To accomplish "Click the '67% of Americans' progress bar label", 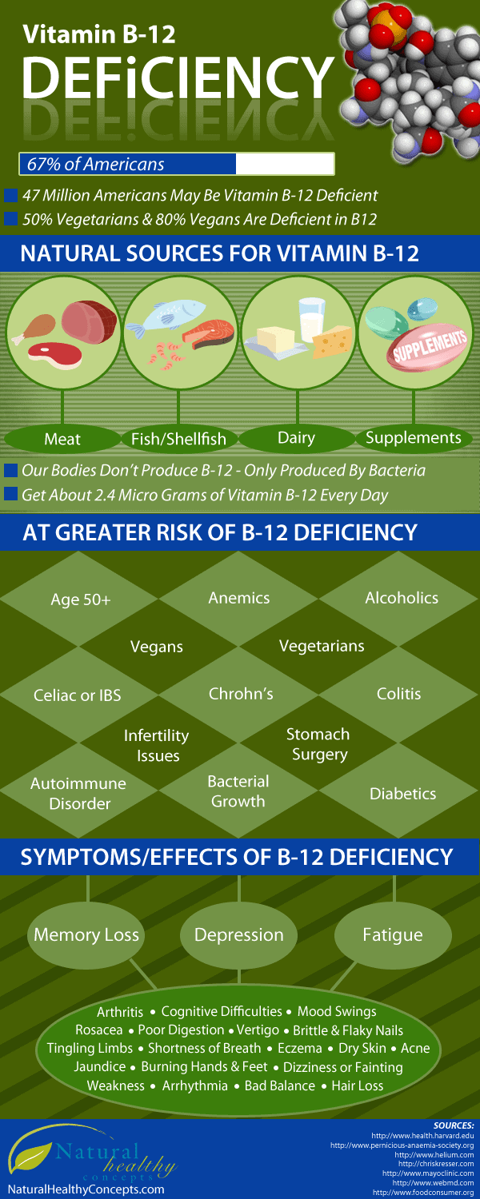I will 96,164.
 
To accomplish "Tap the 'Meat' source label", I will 62,438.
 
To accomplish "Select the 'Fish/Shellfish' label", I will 178,438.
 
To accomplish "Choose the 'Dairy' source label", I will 296,437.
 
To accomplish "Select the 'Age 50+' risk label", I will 80,600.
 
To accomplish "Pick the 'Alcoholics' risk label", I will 402,598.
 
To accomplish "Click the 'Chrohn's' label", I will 241,694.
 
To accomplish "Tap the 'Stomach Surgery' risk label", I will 318,743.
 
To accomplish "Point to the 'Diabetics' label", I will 402,794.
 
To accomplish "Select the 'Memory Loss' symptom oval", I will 86,934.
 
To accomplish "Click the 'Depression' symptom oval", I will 239,934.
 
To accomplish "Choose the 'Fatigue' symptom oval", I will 392,934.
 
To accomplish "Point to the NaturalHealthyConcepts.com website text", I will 86,1189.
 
